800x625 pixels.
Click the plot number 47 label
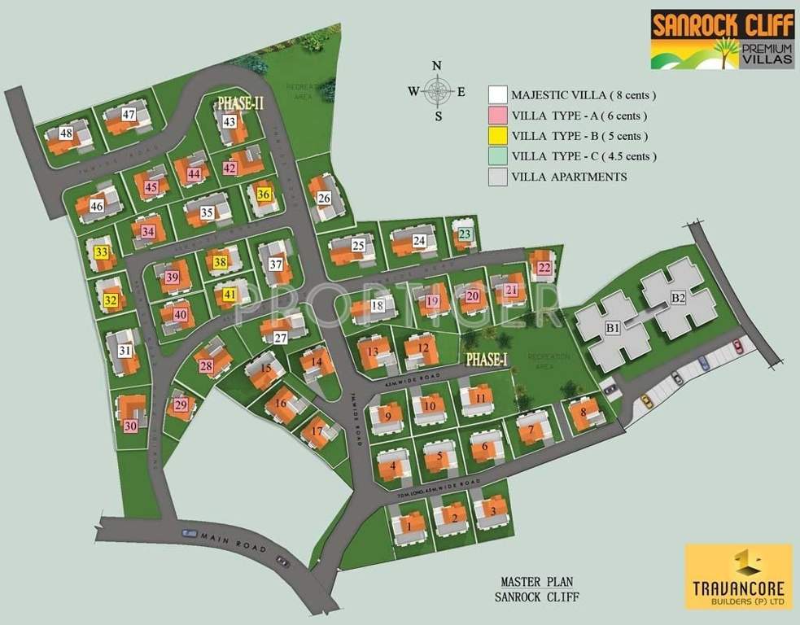[128, 115]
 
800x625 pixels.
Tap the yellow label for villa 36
[263, 194]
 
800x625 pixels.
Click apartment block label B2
[678, 298]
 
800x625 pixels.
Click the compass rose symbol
[437, 91]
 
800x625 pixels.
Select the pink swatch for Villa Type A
[498, 116]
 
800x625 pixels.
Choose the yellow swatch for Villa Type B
[498, 136]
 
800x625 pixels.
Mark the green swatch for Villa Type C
[498, 156]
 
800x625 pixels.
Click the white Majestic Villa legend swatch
[498, 95]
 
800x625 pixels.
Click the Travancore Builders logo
[738, 576]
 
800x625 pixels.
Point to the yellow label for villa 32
[110, 301]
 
